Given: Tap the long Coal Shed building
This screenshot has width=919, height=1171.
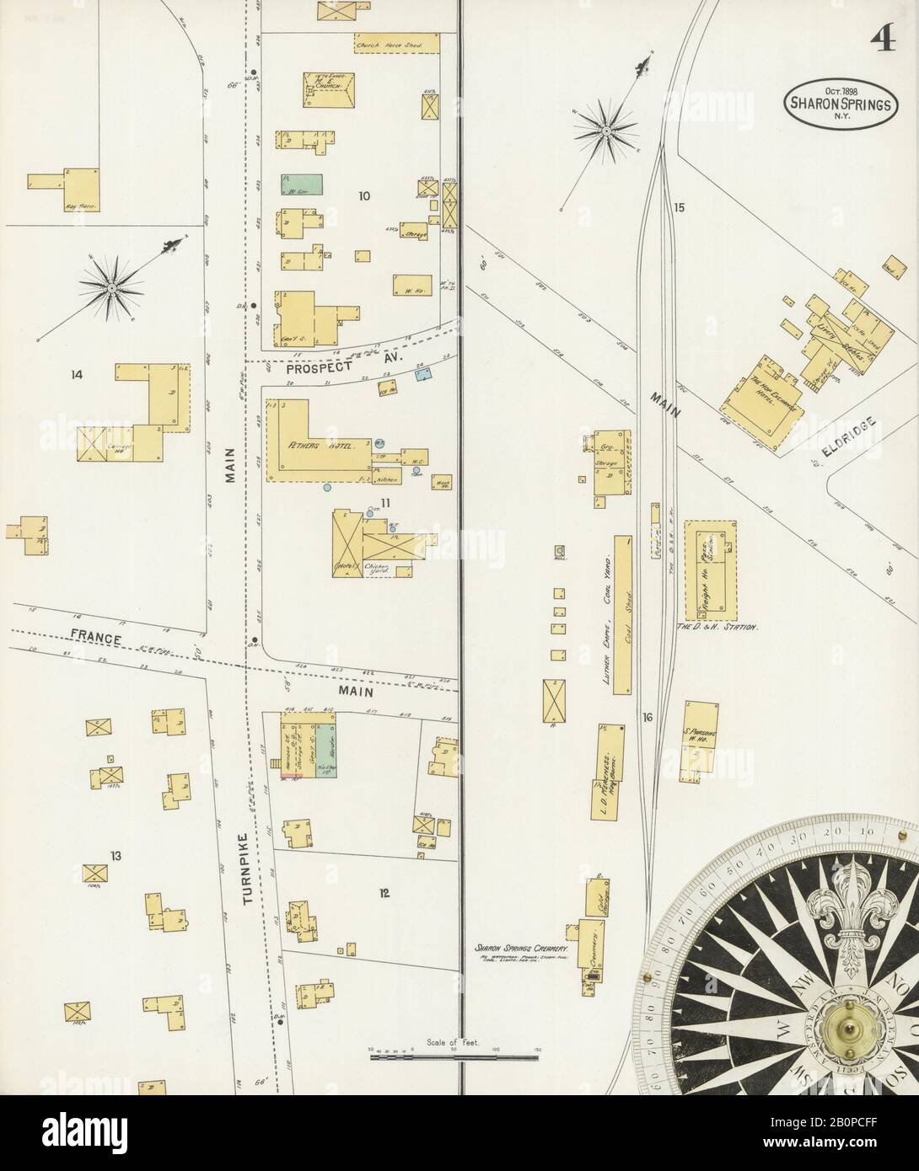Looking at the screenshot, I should [x=624, y=615].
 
